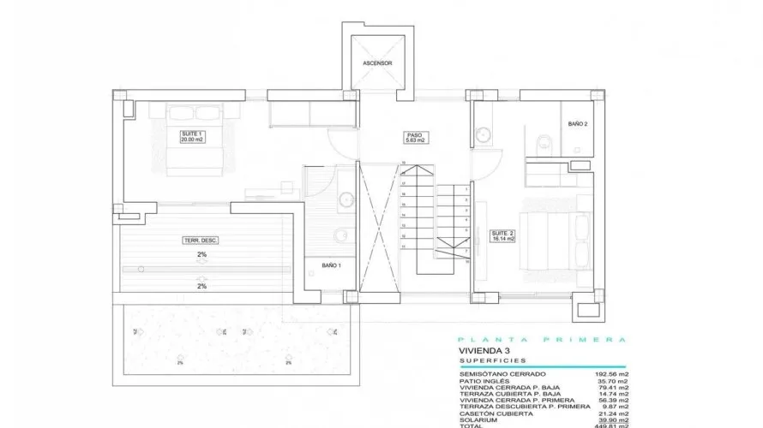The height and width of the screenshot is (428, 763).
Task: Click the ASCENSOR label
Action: [x=378, y=64]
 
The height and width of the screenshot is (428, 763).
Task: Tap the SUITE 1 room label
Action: [x=191, y=137]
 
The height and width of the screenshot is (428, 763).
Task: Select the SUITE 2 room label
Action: [x=502, y=236]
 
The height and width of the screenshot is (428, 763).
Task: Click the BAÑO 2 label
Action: [x=578, y=124]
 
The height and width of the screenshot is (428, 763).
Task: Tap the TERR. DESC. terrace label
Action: [x=200, y=241]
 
